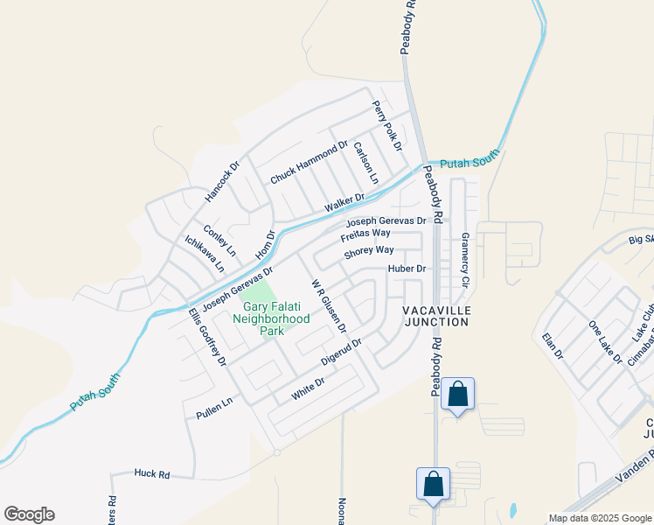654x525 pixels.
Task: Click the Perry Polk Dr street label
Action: pos(386,126)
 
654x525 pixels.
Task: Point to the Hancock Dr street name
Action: pos(221,182)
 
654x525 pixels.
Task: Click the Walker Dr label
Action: pos(344,203)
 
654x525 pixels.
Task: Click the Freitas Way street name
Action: pos(365,234)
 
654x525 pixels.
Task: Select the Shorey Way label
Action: pos(369,252)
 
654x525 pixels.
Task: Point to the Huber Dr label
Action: pos(407,269)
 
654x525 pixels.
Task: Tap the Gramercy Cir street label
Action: pos(465,260)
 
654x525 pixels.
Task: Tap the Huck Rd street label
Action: pos(152,473)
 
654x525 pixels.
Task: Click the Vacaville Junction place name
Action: pos(436,316)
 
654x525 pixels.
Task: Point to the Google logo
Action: pos(29,514)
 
